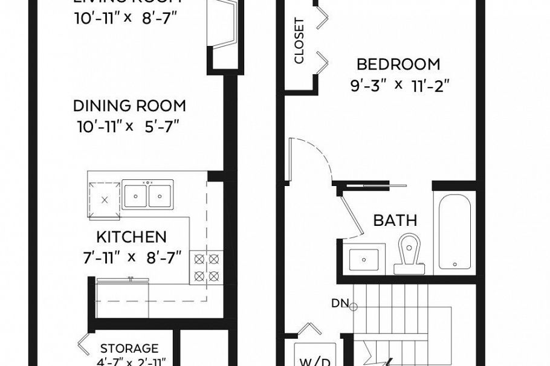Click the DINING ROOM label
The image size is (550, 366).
129,106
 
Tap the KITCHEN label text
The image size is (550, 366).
131,236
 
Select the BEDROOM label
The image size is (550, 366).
398,64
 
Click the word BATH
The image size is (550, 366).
395,220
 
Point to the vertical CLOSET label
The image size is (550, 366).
299,41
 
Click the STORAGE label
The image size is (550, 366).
129,348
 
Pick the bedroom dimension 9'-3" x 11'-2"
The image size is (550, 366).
401,85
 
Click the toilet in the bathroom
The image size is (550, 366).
409,254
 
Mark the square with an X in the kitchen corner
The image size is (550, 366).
104,199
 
